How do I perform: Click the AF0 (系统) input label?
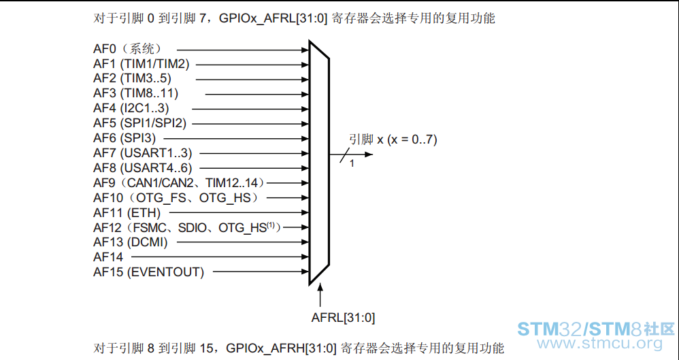[127, 49]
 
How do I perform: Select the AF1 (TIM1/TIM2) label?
[141, 64]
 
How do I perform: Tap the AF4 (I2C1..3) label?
[131, 108]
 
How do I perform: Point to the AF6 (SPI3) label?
[125, 138]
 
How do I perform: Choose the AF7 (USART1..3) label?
[142, 153]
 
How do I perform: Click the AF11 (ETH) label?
[127, 213]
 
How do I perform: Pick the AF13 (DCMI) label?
[131, 242]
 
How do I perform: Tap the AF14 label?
[108, 257]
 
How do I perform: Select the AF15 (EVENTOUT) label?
[148, 272]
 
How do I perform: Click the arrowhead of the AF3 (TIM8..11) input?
[305, 94]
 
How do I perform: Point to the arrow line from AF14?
[220, 257]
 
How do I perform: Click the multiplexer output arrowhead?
[369, 154]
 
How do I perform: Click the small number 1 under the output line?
[352, 164]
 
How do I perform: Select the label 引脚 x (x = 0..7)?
[393, 140]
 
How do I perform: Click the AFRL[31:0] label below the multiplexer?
[343, 318]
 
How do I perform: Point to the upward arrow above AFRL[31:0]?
[320, 295]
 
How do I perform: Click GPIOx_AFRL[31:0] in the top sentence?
[274, 18]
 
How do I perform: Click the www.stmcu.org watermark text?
[600, 344]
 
